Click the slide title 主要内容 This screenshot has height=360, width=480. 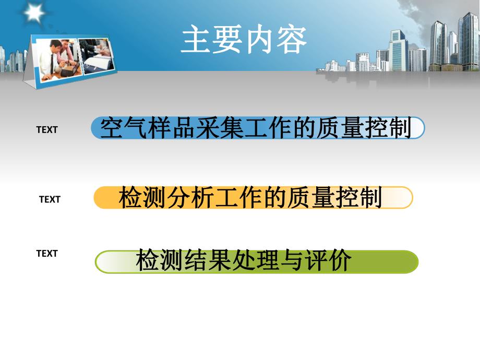tap(244, 40)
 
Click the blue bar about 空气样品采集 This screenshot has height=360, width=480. tap(258, 128)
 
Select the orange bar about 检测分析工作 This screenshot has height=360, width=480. tap(253, 198)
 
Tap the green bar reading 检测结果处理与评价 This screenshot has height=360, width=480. tap(256, 261)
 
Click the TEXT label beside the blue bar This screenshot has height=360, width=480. tap(46, 130)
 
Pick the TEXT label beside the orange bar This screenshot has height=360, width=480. tap(50, 199)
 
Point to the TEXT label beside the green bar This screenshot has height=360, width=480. tap(46, 254)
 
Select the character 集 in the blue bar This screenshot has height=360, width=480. tap(236, 128)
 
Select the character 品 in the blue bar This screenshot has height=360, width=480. tap(174, 128)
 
